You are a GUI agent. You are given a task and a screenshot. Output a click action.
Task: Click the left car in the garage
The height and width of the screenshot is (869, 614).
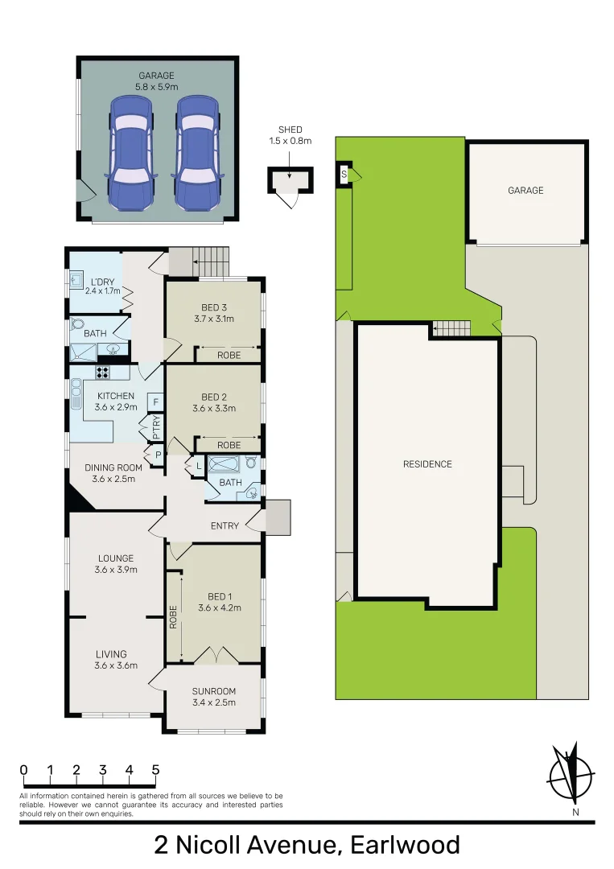coord(131,153)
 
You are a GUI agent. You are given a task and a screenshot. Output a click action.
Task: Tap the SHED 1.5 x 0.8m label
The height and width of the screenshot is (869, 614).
coord(290,134)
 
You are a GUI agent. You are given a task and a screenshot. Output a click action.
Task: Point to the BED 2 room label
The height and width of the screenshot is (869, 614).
coord(212,402)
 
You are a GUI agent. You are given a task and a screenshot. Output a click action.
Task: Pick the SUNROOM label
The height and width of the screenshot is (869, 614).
coord(214,697)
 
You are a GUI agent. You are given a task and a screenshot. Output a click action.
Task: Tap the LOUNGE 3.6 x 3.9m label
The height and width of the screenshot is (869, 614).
coord(116,564)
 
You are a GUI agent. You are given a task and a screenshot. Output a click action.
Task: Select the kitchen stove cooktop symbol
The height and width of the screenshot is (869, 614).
coord(103,373)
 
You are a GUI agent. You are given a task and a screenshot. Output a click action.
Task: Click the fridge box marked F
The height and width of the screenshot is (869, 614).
coord(155,402)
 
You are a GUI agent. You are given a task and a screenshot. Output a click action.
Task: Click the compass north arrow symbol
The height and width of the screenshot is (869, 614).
coord(572,775)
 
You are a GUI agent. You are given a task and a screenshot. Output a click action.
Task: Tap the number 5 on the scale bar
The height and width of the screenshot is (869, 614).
coord(155,770)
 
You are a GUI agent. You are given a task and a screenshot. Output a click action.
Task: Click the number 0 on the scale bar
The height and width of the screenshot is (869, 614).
coord(24,770)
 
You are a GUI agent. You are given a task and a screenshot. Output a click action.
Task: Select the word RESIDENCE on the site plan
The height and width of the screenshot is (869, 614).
coord(427,464)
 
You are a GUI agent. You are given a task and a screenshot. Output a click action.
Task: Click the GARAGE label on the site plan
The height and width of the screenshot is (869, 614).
coord(525,191)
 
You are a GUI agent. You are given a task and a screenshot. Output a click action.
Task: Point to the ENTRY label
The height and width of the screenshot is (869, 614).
coord(225,526)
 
